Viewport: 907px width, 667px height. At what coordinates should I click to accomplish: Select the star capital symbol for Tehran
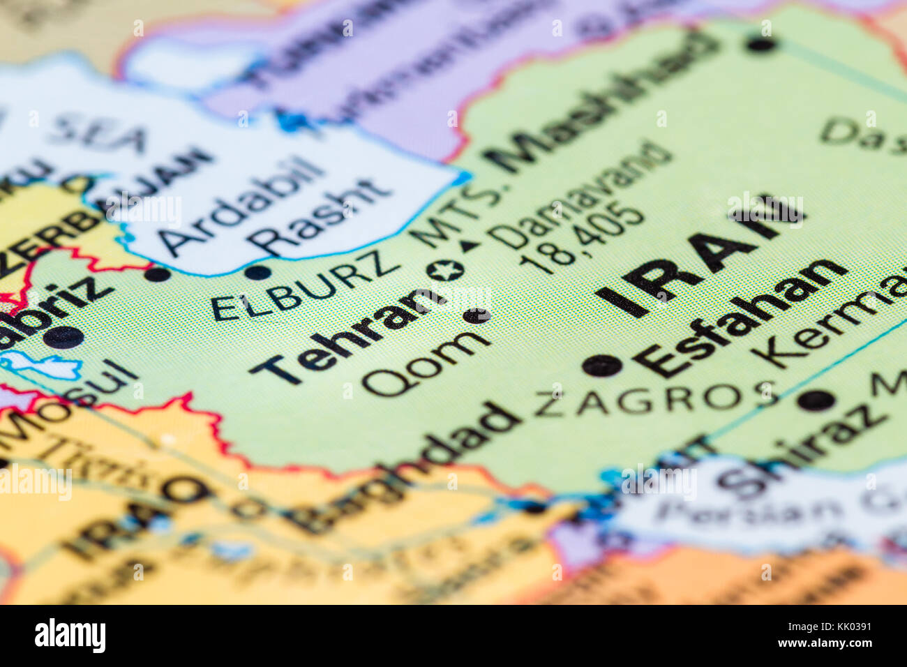click(445, 270)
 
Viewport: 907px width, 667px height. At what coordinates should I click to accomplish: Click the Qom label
click(426, 362)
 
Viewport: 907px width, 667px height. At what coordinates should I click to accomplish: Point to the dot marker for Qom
click(477, 316)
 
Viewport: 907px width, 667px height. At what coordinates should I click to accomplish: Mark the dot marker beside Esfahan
click(601, 364)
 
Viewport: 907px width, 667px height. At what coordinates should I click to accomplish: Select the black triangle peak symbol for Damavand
click(470, 245)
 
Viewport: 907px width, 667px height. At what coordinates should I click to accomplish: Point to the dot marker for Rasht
click(257, 272)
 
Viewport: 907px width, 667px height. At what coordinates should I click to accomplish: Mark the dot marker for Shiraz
click(815, 400)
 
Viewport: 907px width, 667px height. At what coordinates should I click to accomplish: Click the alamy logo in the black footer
click(70, 636)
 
